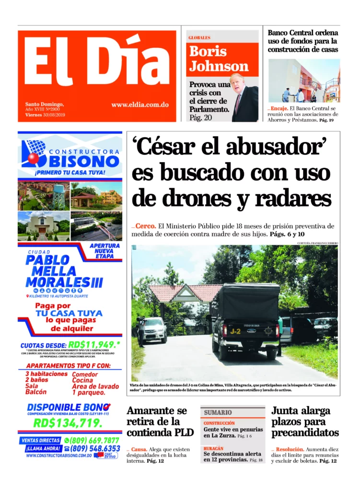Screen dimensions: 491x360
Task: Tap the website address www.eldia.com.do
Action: (139, 105)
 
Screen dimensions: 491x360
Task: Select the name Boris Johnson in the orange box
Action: (219, 58)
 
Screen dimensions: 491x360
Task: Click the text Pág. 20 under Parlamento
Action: (200, 117)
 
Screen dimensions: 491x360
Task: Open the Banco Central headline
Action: (302, 41)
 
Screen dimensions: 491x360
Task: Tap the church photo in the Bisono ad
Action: (43, 225)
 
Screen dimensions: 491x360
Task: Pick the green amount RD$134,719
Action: (67, 423)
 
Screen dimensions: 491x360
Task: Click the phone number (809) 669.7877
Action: (94, 440)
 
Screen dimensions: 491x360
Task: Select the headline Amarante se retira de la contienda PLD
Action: (160, 422)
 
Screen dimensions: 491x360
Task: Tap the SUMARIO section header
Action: (218, 412)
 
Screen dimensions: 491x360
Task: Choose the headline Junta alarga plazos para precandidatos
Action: (305, 422)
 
